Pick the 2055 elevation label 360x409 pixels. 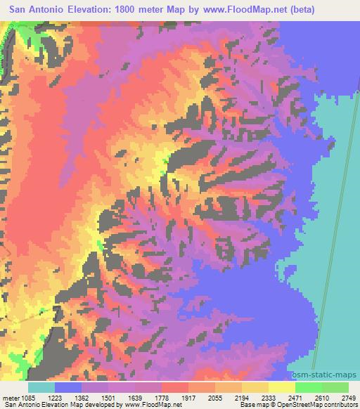(x=267, y=397)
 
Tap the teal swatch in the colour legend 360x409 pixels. (x=41, y=387)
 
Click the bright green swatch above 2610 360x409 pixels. (x=308, y=387)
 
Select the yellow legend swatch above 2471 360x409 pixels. (x=282, y=387)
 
